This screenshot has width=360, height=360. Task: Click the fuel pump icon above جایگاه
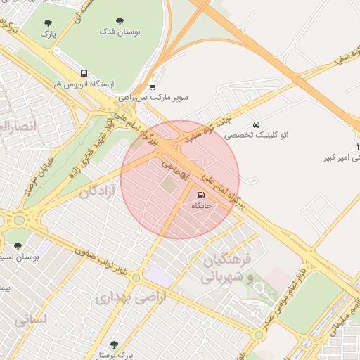tap(202, 195)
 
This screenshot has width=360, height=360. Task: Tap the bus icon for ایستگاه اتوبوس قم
tap(84, 73)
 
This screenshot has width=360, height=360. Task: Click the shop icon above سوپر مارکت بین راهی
tap(153, 87)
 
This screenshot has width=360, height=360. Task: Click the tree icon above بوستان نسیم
tap(18, 246)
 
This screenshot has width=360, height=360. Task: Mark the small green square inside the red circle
tap(169, 184)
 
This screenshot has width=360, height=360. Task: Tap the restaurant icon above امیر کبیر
tap(358, 147)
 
